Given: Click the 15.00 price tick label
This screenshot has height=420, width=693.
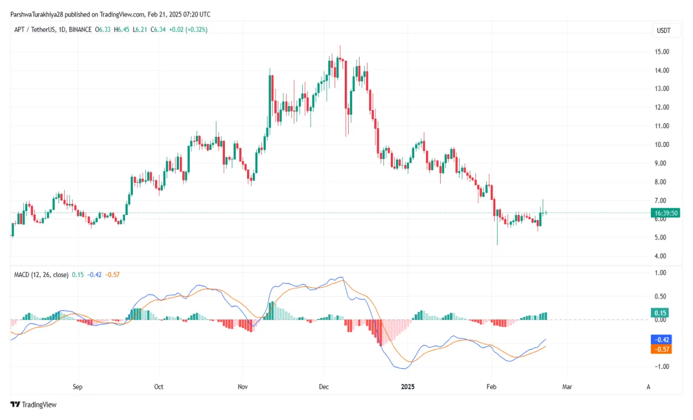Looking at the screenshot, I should (x=661, y=52).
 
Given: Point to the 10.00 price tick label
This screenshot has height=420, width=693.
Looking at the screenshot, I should (x=661, y=145).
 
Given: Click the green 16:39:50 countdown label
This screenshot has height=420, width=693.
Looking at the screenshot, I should (x=666, y=213).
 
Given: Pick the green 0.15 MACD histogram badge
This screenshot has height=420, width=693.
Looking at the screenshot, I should (x=661, y=313).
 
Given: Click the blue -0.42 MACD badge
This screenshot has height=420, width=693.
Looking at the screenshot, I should (x=661, y=339).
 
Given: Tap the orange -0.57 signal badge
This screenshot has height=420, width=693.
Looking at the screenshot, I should (x=661, y=349).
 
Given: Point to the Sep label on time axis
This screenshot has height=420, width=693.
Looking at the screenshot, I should (x=78, y=387).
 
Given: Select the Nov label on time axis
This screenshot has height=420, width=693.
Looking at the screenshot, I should (x=243, y=387).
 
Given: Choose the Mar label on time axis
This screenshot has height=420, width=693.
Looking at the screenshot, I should (x=567, y=387).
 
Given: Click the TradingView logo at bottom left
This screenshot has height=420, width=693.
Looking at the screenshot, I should (x=34, y=405).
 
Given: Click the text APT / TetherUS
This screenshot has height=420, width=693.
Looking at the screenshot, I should (x=35, y=29).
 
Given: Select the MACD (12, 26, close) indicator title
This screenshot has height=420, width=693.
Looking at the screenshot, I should (x=41, y=275).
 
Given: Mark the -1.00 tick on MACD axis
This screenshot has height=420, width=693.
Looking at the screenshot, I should (x=661, y=367).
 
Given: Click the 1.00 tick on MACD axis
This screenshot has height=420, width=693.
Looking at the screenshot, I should (x=661, y=273).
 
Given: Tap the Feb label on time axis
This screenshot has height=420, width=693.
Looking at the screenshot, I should (x=492, y=387).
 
